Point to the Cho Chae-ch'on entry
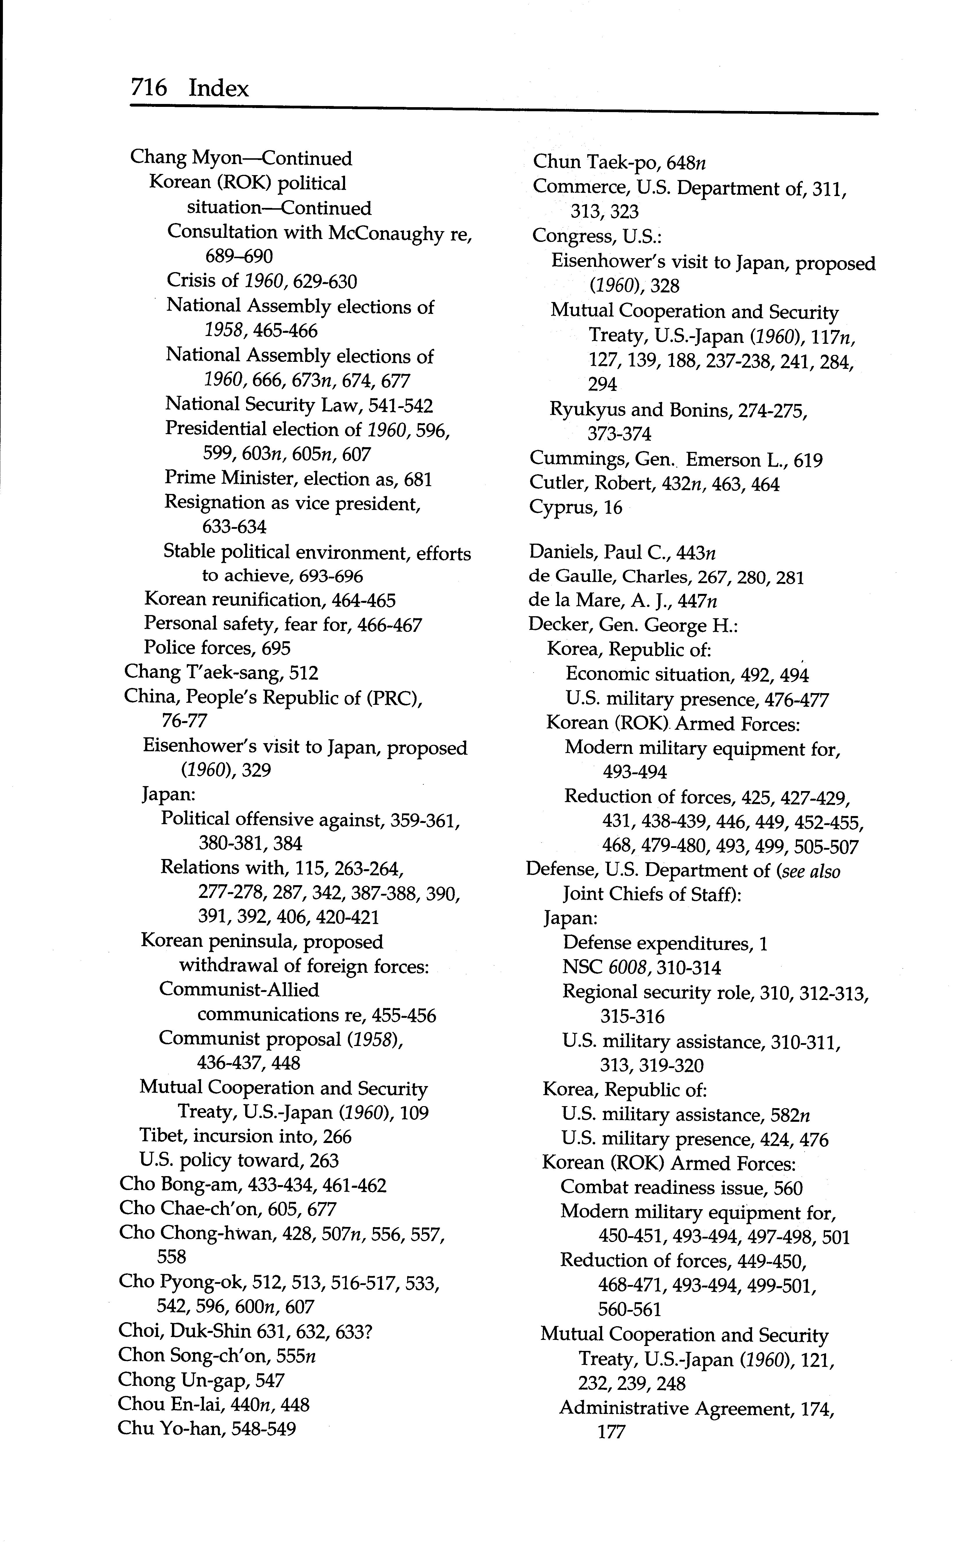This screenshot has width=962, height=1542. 227,1209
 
